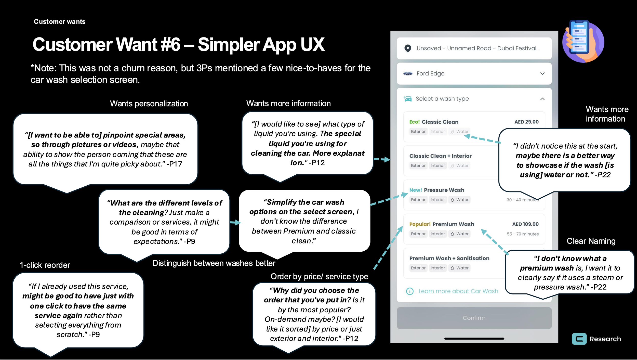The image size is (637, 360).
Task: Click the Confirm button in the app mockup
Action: coord(474,318)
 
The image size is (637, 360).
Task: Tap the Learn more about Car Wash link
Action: coord(458,291)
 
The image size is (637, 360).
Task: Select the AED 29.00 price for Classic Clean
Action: coord(526,122)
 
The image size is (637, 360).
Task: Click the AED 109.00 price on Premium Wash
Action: coord(525,224)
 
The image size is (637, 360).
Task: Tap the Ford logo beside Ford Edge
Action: coord(408,74)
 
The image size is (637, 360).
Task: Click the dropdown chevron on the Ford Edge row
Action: coord(542,74)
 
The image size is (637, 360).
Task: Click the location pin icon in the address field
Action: coord(408,48)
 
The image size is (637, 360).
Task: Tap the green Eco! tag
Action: coord(415,122)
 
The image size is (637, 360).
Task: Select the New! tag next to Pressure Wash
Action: coord(416,190)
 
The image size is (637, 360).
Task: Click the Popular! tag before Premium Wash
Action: coord(420,224)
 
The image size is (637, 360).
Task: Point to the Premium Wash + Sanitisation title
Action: coord(449,258)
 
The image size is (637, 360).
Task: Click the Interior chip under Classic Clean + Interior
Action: coord(437,165)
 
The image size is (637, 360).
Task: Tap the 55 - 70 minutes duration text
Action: coord(523,234)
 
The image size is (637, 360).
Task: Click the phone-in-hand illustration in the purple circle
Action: coord(583,41)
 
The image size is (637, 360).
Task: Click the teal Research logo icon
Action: coord(579,339)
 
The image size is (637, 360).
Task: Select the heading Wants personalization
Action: coord(149,104)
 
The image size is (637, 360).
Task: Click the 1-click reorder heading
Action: coord(45,265)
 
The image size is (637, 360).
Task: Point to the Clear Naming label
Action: coord(591,241)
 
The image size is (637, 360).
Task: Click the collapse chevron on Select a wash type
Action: coord(542,99)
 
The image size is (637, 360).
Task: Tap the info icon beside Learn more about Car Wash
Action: coord(410,291)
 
